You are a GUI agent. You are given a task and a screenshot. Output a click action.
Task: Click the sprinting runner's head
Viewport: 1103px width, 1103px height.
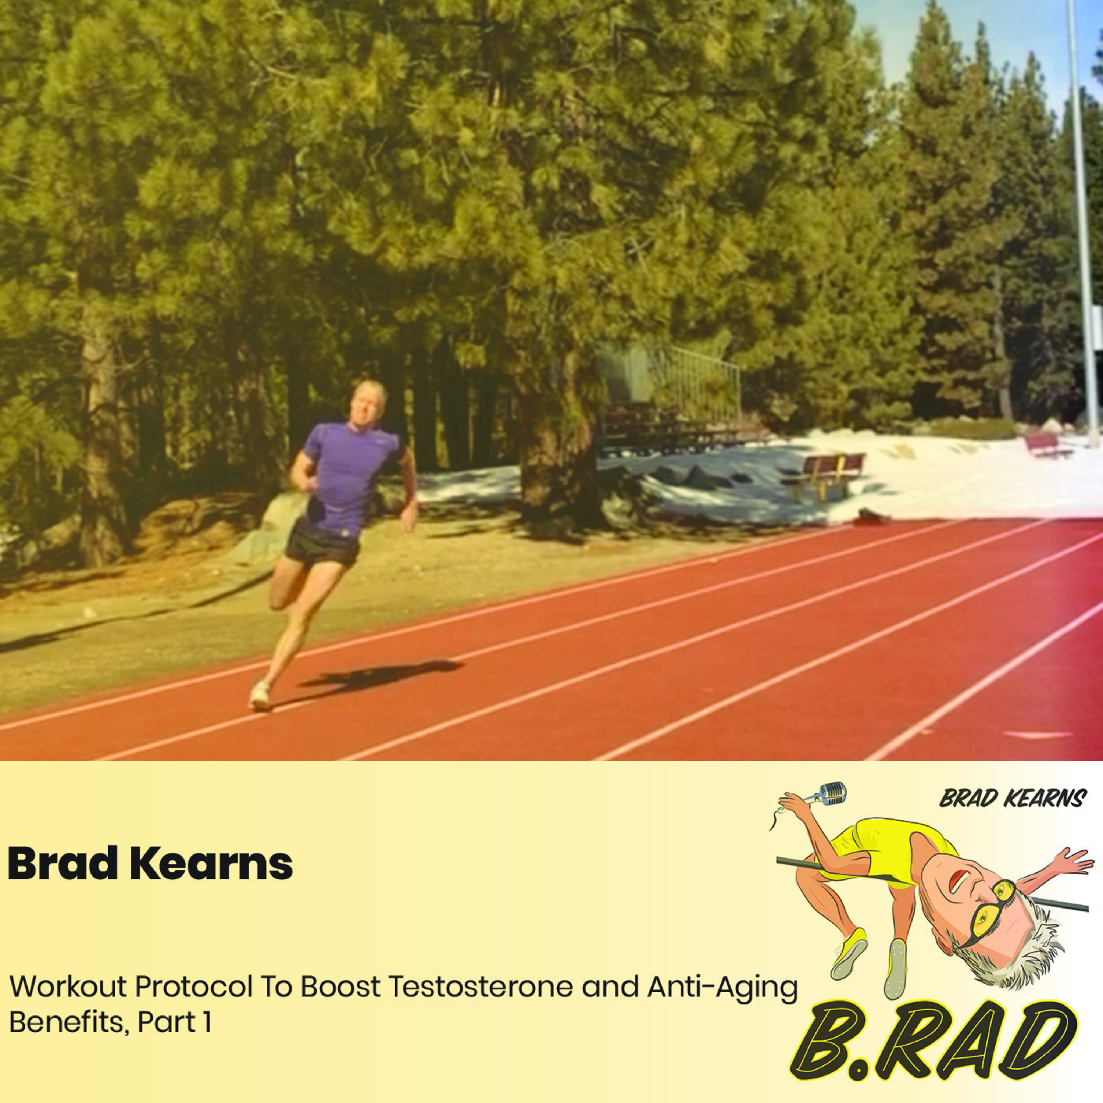coord(370,402)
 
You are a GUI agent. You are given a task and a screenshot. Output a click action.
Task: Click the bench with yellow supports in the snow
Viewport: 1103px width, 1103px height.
coord(825,471)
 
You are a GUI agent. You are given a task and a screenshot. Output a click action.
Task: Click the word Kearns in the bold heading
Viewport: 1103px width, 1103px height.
coord(211,864)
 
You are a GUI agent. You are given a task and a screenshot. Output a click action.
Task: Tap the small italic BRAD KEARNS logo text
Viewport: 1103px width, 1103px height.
coord(1012,799)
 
